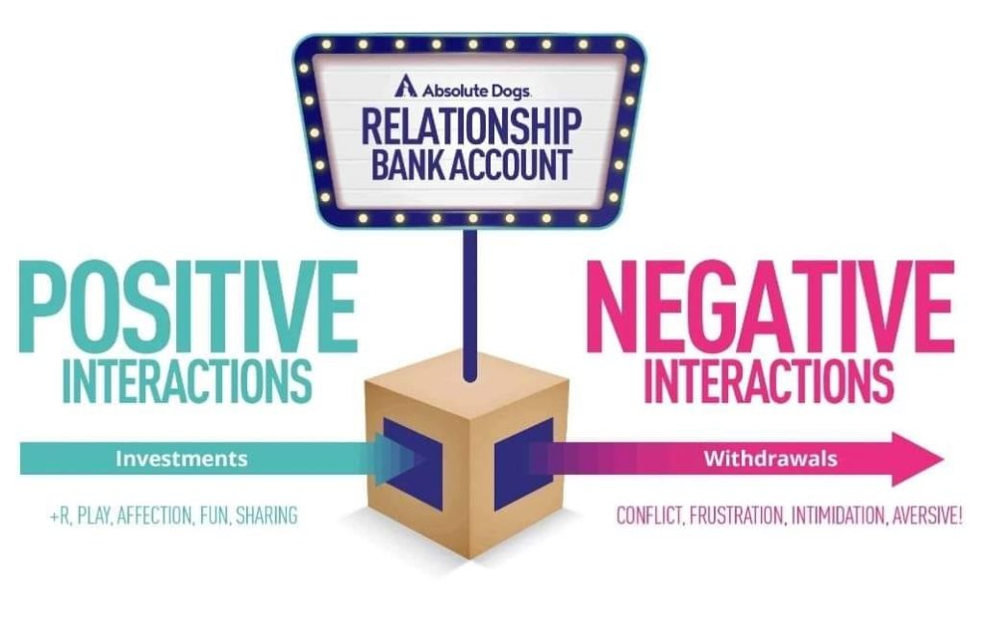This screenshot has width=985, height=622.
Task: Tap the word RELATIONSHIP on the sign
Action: tap(471, 126)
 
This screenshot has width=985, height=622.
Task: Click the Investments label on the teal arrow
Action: tap(181, 459)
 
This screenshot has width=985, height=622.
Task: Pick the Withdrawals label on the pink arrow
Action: tap(770, 459)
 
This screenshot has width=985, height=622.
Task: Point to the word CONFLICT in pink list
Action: tap(648, 515)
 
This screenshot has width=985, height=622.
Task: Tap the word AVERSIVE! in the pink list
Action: tap(925, 515)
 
